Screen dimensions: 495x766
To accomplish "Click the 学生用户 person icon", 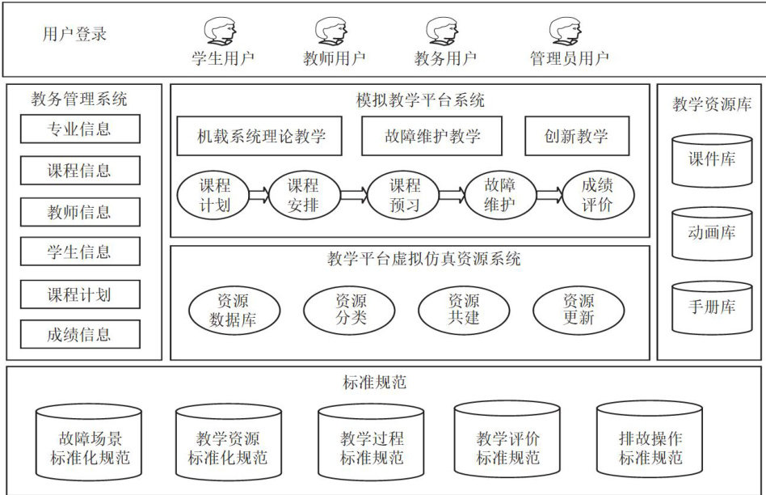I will click(x=220, y=32).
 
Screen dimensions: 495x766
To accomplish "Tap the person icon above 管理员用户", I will click(x=566, y=32).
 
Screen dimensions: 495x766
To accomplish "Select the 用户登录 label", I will click(x=74, y=34).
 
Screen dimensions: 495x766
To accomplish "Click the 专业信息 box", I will click(x=80, y=129).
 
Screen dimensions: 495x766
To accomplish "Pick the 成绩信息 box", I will click(x=80, y=334).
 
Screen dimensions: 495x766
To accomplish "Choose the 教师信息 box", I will click(x=80, y=212).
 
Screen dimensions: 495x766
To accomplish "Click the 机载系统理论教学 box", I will click(x=262, y=136).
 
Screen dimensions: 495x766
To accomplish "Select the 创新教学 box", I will click(x=576, y=136).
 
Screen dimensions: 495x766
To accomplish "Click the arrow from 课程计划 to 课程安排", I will click(x=259, y=194).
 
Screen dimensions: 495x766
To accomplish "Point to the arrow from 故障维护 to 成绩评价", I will click(x=549, y=194).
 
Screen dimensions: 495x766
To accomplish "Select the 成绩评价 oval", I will click(x=598, y=195).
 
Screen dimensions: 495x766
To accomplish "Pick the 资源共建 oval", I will click(x=463, y=310).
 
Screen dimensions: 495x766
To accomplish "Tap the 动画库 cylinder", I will click(x=711, y=234).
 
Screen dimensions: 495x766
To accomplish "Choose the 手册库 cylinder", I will click(x=711, y=308).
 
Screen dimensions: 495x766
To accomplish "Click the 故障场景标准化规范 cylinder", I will click(x=90, y=446).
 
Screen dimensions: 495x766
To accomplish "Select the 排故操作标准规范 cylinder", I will click(x=650, y=446).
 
